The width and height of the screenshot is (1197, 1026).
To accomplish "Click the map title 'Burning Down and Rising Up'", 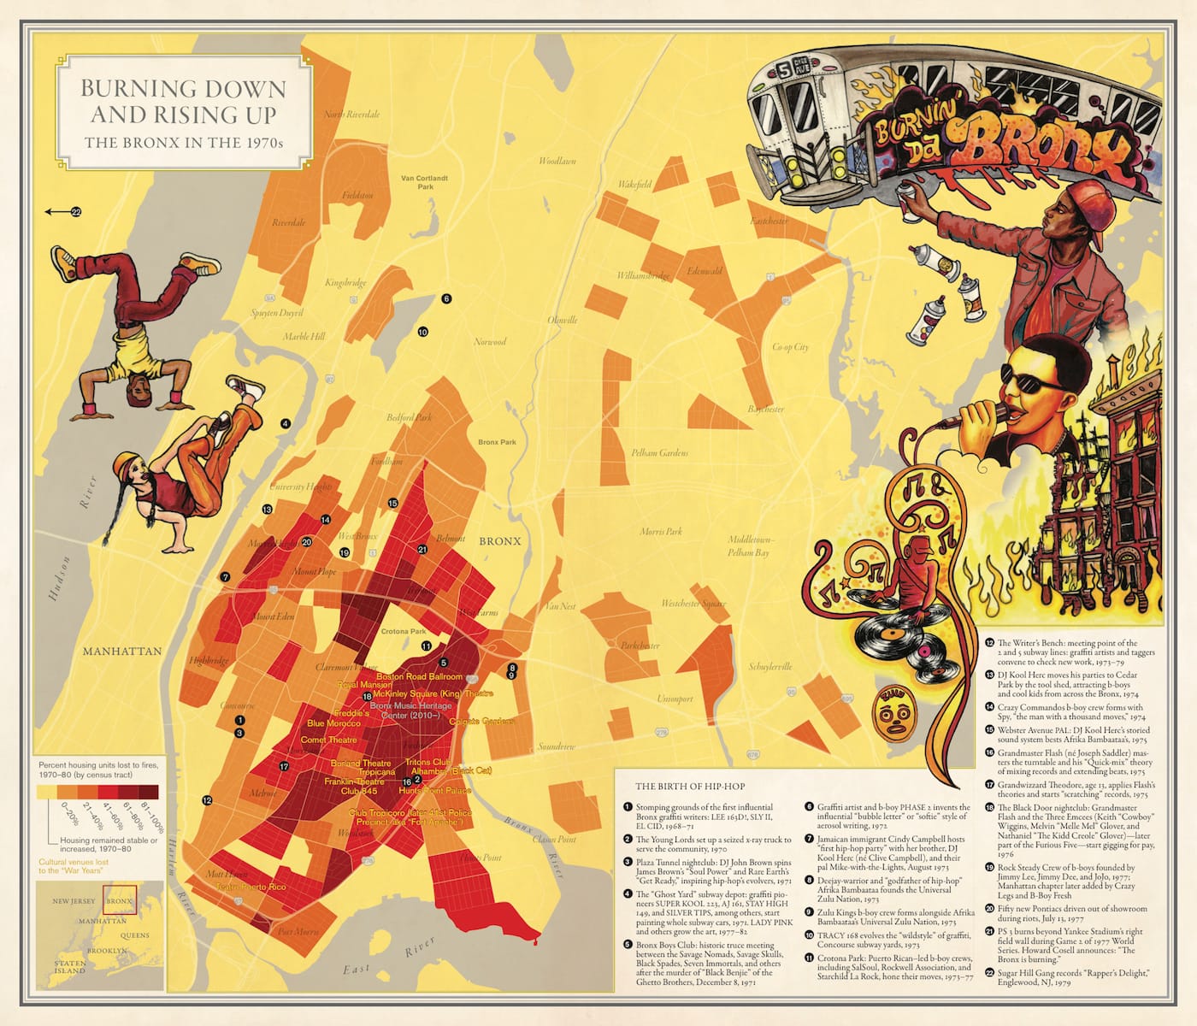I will coord(183,101).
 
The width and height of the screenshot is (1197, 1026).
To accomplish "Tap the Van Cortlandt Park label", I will coord(424,182).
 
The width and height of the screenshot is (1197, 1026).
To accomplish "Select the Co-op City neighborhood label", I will coord(790,347).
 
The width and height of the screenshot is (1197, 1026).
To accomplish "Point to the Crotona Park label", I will coord(403,632).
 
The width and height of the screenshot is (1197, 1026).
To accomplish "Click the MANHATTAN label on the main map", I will coord(122,652).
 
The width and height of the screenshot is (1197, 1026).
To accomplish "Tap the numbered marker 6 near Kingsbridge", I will coord(446,299).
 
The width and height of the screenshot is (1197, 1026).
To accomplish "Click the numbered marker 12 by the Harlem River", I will coord(207,800).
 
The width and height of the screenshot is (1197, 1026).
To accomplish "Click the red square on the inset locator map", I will coord(119,899).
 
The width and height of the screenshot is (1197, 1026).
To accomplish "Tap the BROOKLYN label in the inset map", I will coord(106,951).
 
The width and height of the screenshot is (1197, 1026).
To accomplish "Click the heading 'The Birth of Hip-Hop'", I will coord(689,787).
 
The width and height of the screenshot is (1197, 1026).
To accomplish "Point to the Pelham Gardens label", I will coord(659,453).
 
